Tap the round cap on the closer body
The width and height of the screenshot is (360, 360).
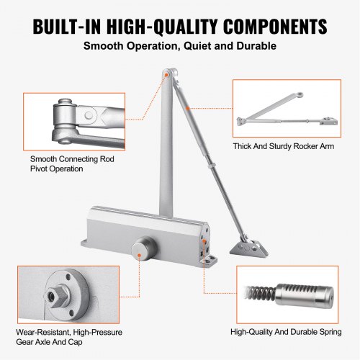pos(143,248)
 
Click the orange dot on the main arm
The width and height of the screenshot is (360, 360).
pos(187,109)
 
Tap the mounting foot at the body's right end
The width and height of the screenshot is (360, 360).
pos(211,253)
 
